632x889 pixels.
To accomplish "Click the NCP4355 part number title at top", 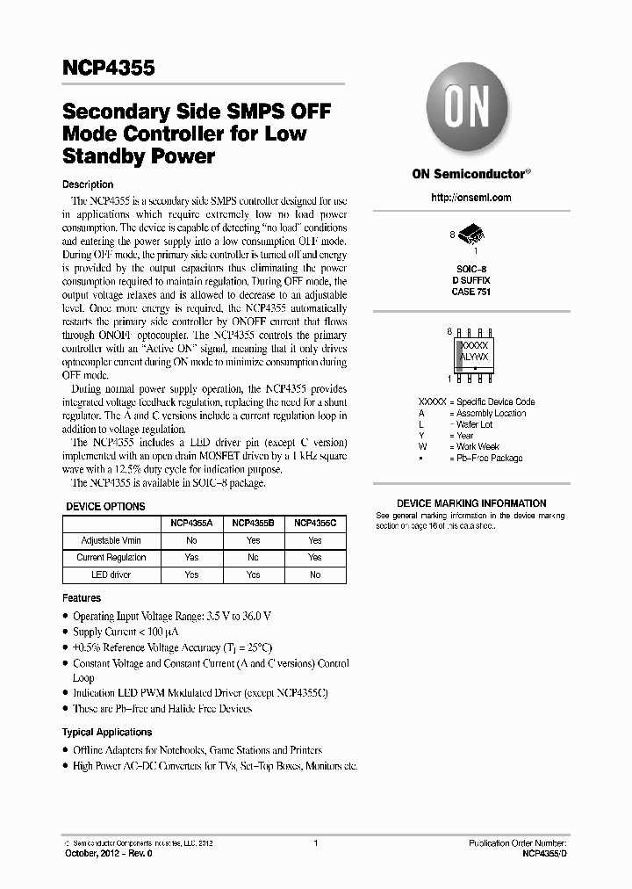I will click(109, 68).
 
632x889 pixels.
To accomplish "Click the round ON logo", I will click(462, 110).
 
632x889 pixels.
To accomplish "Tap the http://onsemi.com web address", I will click(470, 198).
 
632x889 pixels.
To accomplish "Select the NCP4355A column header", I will click(191, 523).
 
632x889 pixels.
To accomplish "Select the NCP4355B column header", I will click(253, 523).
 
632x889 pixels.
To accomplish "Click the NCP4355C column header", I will click(315, 523).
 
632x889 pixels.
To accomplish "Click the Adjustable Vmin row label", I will click(111, 540).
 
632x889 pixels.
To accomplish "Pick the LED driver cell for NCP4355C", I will click(315, 575).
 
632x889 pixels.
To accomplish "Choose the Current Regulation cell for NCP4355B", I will click(253, 557).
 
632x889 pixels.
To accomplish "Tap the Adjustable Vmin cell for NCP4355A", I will click(191, 540).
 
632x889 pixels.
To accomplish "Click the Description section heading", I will click(88, 184).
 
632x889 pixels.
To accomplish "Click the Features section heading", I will click(82, 598).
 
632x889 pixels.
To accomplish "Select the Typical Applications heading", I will click(106, 732).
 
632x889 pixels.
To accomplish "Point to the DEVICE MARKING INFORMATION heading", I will click(471, 503).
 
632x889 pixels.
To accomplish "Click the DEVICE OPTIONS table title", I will click(106, 507).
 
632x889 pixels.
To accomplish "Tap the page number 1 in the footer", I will click(314, 843).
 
